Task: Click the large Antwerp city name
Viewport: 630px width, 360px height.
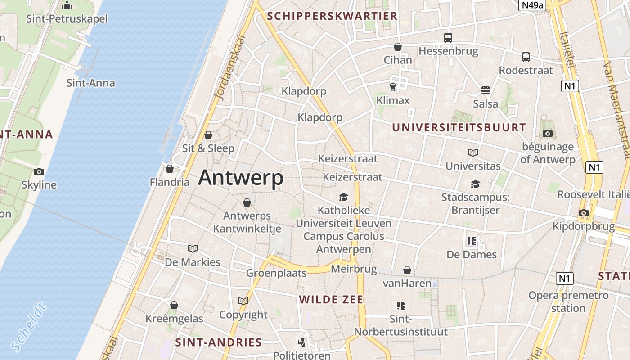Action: click(x=241, y=178)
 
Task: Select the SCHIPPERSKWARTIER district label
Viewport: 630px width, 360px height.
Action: click(x=332, y=16)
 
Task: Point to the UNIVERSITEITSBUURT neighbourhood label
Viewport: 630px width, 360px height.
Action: click(x=459, y=127)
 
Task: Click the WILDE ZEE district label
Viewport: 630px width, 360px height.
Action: click(x=331, y=300)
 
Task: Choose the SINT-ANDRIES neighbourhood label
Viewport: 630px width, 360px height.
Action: click(x=218, y=342)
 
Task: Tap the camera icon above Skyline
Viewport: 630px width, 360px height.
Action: click(x=39, y=171)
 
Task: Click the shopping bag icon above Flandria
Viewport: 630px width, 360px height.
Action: click(x=170, y=169)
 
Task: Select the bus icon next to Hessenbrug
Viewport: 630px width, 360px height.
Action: click(x=448, y=38)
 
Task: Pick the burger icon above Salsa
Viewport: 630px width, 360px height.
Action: click(x=485, y=90)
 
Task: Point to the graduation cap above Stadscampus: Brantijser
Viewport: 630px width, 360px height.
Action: click(x=475, y=184)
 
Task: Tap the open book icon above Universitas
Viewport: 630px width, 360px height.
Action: click(x=472, y=153)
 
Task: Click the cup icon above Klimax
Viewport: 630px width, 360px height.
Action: click(x=393, y=87)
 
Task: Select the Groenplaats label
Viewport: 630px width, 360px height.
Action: click(x=276, y=273)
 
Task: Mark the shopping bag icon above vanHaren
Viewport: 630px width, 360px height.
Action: click(x=407, y=270)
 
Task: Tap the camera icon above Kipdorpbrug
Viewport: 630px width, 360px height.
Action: click(x=584, y=213)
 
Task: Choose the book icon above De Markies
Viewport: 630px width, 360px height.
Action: click(x=193, y=248)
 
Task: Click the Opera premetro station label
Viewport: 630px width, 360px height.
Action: click(x=568, y=301)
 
